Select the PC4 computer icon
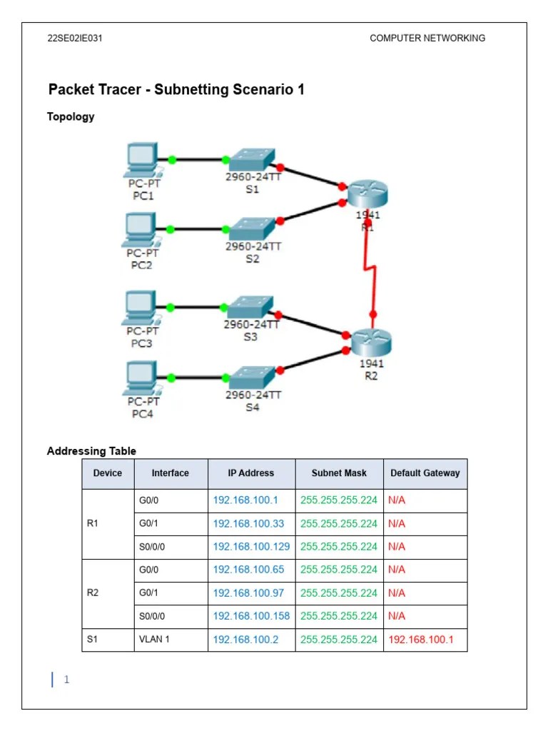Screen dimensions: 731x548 tap(141, 378)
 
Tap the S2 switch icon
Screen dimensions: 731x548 tap(250, 228)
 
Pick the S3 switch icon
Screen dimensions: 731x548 tap(250, 307)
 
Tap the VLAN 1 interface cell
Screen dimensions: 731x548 tap(154, 639)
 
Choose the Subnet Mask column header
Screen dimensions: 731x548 tap(339, 473)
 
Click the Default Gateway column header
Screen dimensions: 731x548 tap(425, 473)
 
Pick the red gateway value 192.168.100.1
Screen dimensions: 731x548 tap(420, 639)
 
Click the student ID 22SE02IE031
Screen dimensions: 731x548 tap(75, 39)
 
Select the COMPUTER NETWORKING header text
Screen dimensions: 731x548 tap(427, 39)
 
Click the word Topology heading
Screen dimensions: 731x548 tap(71, 116)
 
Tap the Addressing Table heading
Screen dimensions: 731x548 tap(91, 450)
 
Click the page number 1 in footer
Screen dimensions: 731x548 tap(66, 680)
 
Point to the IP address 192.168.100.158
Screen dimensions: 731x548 tap(251, 615)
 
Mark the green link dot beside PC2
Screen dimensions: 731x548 tap(171, 229)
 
